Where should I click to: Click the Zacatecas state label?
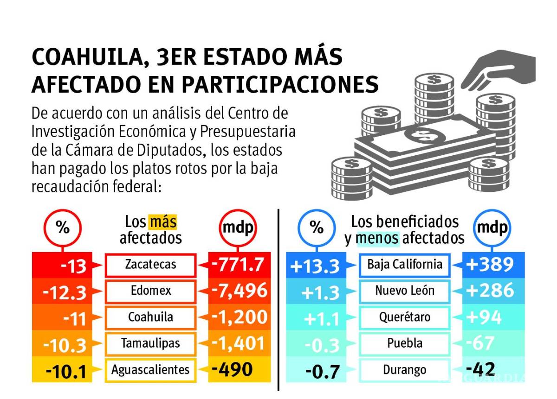(x=150, y=265)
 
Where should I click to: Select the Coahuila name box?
(x=150, y=317)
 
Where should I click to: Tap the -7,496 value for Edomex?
(x=240, y=291)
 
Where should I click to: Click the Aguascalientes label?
(x=150, y=370)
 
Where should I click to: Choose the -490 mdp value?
(x=232, y=369)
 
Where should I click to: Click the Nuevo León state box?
(x=405, y=291)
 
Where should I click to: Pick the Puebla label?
(x=405, y=343)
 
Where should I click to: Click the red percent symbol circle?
(x=62, y=228)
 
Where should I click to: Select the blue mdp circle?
(x=492, y=228)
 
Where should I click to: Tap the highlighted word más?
(x=162, y=222)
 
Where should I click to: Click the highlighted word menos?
(x=377, y=238)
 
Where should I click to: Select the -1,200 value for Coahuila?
(x=240, y=317)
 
